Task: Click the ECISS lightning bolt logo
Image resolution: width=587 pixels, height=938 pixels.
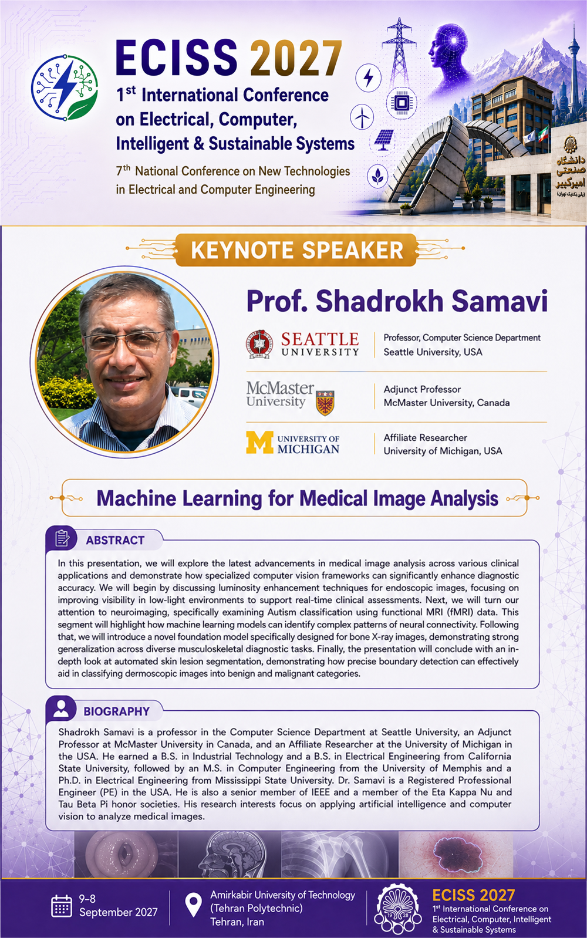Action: (65, 87)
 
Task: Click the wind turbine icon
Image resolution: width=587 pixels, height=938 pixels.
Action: (362, 117)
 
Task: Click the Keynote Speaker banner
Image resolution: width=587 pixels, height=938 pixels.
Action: (296, 250)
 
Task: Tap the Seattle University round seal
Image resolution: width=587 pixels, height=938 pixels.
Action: (258, 344)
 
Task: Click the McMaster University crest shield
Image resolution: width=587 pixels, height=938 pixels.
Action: (325, 403)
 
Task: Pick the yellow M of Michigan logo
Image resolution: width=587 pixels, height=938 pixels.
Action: (259, 443)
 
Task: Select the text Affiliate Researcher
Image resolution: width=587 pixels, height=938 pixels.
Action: (426, 437)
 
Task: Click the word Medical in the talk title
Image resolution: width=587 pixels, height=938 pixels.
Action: (333, 498)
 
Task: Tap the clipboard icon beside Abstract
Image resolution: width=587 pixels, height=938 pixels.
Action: (62, 538)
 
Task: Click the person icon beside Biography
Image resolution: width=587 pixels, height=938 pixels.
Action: (61, 709)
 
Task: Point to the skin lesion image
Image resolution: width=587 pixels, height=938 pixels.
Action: (456, 854)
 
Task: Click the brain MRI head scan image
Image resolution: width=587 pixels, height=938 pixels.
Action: (230, 854)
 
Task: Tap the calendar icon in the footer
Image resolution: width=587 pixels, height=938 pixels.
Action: (62, 906)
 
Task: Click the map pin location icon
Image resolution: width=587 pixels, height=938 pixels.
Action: (193, 905)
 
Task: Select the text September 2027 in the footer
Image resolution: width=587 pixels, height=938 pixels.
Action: (119, 912)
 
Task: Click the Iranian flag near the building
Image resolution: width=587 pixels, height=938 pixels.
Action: (544, 134)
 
